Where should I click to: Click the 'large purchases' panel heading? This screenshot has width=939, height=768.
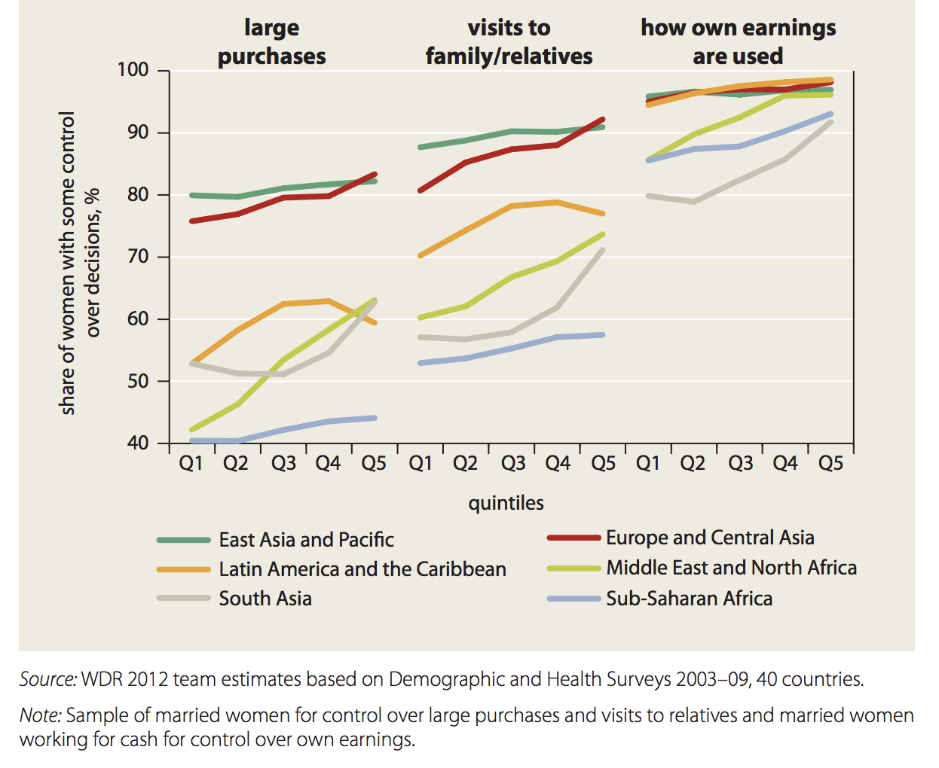[271, 42]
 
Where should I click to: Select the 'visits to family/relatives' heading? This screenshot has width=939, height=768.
[509, 42]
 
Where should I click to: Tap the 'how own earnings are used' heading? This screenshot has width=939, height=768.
[738, 42]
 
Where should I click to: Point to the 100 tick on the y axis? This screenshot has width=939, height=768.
[133, 70]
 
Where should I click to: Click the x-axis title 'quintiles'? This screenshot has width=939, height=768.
[506, 503]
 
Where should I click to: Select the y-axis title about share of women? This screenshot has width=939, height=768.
[78, 263]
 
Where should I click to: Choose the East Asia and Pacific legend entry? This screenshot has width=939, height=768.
[306, 540]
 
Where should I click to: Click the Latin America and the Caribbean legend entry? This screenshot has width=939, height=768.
[362, 569]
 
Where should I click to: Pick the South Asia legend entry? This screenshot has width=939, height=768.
[265, 599]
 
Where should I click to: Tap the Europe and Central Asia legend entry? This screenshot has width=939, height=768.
[710, 538]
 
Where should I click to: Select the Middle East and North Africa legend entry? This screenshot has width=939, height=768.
[731, 568]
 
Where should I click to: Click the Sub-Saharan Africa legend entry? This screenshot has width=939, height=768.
[689, 599]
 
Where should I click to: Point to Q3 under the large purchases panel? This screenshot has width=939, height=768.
[283, 463]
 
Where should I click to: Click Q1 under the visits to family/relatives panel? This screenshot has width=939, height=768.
[421, 463]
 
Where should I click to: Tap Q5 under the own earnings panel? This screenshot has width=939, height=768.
[830, 463]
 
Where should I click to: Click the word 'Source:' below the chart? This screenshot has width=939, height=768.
[47, 679]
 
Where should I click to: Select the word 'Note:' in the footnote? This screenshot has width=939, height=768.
[40, 715]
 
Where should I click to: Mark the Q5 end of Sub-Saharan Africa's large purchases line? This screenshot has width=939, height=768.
[375, 418]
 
